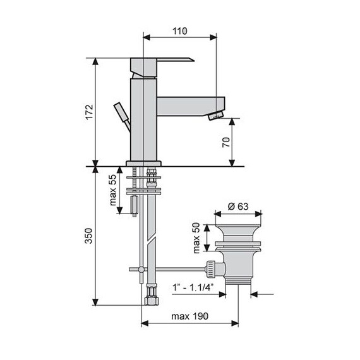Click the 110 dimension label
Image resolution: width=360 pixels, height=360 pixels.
(180, 31)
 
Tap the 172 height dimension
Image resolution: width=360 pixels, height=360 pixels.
(89, 112)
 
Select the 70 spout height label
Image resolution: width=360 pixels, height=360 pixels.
(226, 142)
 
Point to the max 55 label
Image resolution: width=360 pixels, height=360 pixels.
(112, 190)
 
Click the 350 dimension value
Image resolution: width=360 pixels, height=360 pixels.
(88, 236)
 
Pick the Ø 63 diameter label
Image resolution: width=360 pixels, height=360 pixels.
(238, 207)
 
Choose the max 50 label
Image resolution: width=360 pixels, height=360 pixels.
(196, 238)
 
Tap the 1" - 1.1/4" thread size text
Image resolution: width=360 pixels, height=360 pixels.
(193, 287)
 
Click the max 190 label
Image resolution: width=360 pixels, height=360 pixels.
(190, 316)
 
